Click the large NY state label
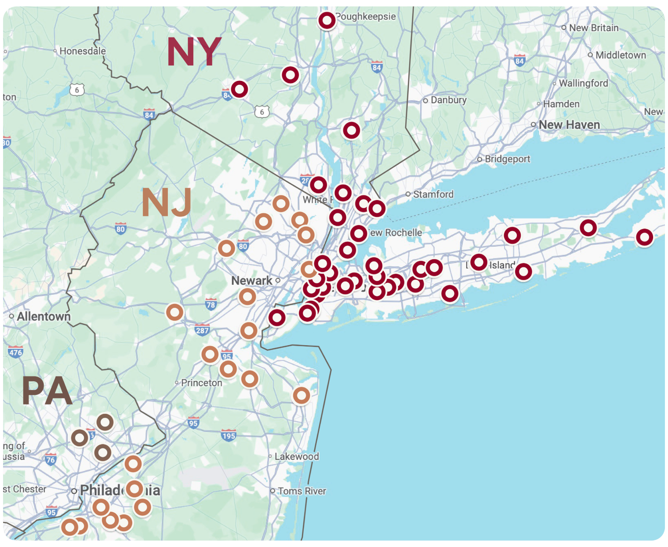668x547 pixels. [x=194, y=52]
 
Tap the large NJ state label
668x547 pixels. [x=167, y=203]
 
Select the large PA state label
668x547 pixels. [x=47, y=391]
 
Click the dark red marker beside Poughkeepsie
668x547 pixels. [x=327, y=20]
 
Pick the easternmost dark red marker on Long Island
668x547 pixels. [x=644, y=237]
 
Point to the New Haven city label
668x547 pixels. [x=569, y=125]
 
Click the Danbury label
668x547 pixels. [x=448, y=100]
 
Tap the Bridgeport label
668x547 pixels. [x=507, y=159]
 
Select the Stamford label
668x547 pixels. [x=433, y=194]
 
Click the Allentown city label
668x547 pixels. [x=44, y=317]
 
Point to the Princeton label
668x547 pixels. [x=201, y=383]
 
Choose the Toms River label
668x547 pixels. [x=301, y=491]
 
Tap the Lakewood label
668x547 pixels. [x=297, y=456]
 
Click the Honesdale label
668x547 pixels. [x=82, y=51]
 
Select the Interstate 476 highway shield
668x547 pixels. [x=15, y=352]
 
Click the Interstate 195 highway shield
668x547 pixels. [x=229, y=436]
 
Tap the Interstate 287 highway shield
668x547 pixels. [x=202, y=330]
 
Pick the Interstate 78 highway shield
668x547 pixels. [x=211, y=304]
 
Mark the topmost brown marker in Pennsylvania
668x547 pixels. [x=105, y=423]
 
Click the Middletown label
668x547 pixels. [x=621, y=55]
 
